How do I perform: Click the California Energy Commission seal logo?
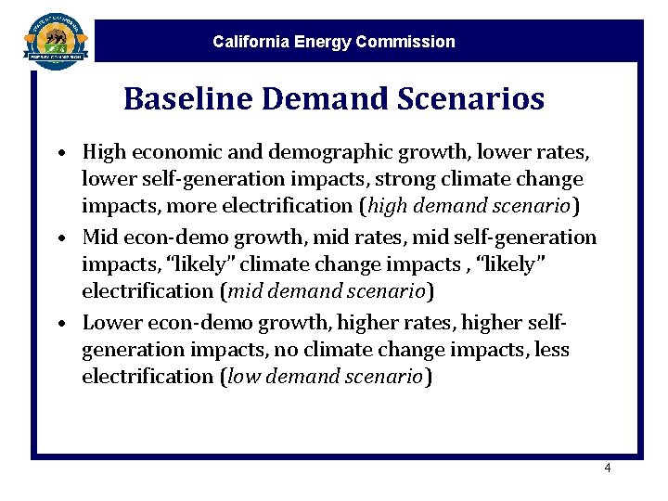point(56,39)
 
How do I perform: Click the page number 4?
point(607,469)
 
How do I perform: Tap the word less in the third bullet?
point(553,350)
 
